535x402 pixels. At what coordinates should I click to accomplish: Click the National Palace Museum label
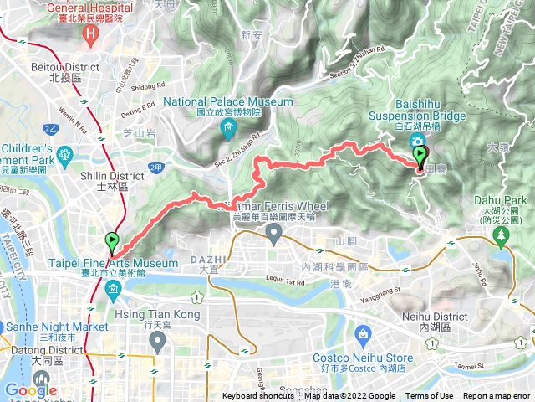coord(228,102)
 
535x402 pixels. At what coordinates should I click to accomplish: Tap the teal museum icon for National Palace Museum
coord(228,128)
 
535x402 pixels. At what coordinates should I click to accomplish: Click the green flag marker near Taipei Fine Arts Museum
coord(112,243)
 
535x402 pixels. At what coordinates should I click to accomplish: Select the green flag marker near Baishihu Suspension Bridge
coord(420,155)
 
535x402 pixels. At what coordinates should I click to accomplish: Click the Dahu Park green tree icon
coord(502,238)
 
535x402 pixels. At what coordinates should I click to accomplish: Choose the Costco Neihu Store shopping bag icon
coord(363,336)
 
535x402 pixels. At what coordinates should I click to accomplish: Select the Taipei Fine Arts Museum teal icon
coord(112,289)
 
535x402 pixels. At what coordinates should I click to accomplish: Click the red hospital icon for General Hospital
coord(91,34)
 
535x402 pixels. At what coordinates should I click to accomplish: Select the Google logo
coord(31,390)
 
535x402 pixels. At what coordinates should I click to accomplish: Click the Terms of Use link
coord(429,396)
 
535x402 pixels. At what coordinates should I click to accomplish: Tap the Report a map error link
coord(497,396)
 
